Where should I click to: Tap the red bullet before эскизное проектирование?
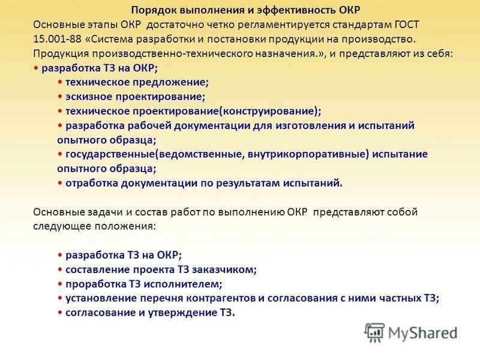click(61, 97)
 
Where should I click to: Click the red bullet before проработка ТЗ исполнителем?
click(61, 284)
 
